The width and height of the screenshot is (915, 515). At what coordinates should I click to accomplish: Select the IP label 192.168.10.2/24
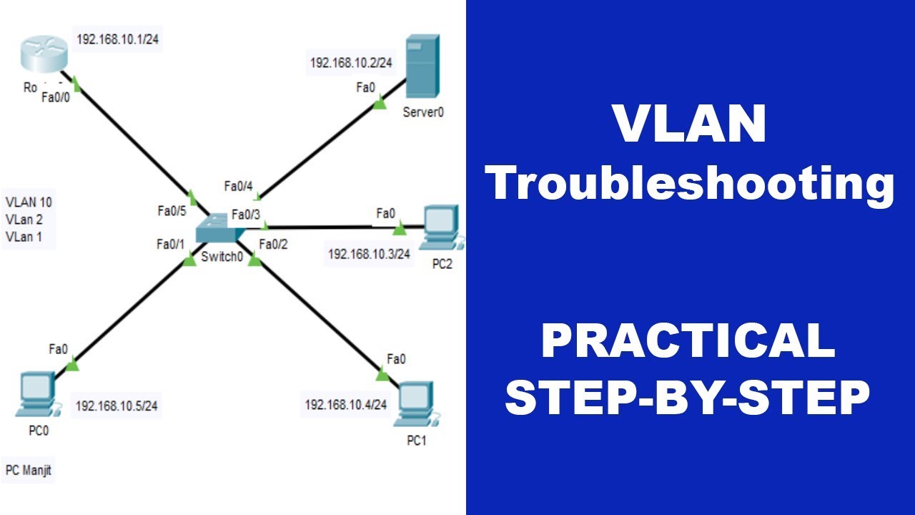351,63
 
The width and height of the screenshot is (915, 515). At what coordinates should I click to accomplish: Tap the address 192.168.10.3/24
369,254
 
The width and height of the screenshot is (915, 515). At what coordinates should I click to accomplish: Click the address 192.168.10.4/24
346,405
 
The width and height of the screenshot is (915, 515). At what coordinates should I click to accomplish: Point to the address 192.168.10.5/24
117,406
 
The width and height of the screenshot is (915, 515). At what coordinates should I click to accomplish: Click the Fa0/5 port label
172,211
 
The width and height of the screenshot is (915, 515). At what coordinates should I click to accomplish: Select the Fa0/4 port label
239,187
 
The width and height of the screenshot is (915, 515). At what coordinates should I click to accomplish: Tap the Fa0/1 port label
171,245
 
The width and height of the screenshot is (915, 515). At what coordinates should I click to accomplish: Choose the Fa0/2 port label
273,245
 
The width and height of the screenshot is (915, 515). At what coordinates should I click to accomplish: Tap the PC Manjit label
29,471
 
